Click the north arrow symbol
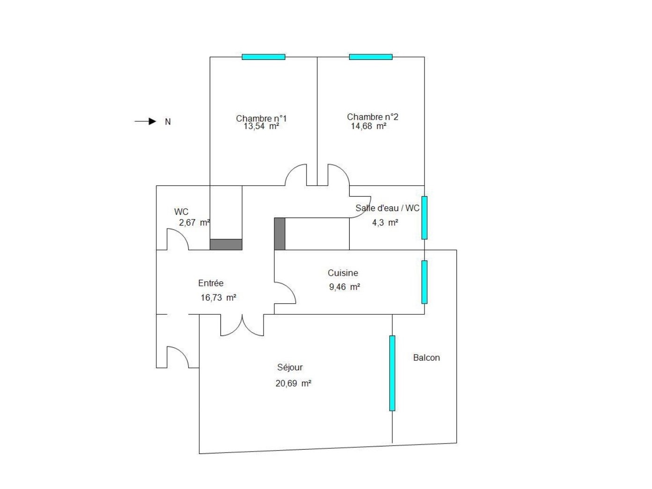145,121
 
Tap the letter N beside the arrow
168,122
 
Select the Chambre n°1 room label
261,118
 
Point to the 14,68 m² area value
369,126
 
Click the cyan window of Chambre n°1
264,57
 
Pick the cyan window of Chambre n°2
371,57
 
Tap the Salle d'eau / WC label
388,208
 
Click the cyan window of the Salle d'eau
425,218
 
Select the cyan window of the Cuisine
425,282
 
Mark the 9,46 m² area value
344,287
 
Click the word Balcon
426,358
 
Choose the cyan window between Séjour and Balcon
392,373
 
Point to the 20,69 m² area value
293,383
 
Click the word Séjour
290,367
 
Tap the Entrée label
211,283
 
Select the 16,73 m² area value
218,298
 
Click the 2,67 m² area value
194,222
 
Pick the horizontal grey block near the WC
226,245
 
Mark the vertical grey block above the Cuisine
279,234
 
